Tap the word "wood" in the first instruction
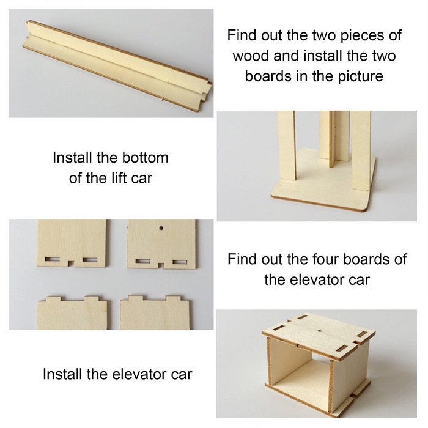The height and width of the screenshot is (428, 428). coord(251,56)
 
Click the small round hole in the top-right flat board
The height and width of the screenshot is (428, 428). coord(161,228)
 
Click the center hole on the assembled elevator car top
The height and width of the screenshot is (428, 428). coord(320,331)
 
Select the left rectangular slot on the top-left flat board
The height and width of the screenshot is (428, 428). coord(53,259)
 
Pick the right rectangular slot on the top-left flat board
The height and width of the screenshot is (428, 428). coord(90,260)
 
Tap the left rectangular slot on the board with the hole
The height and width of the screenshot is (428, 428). coord(142,261)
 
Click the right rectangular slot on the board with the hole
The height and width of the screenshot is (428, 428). coord(180,262)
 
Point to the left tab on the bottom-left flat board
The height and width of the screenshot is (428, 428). coord(53,299)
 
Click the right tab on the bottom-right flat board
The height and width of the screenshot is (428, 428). coord(173,298)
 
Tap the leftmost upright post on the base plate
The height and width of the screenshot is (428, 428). coord(287,145)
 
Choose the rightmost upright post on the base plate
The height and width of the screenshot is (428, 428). coord(361,150)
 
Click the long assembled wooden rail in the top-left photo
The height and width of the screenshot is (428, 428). coord(117,65)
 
